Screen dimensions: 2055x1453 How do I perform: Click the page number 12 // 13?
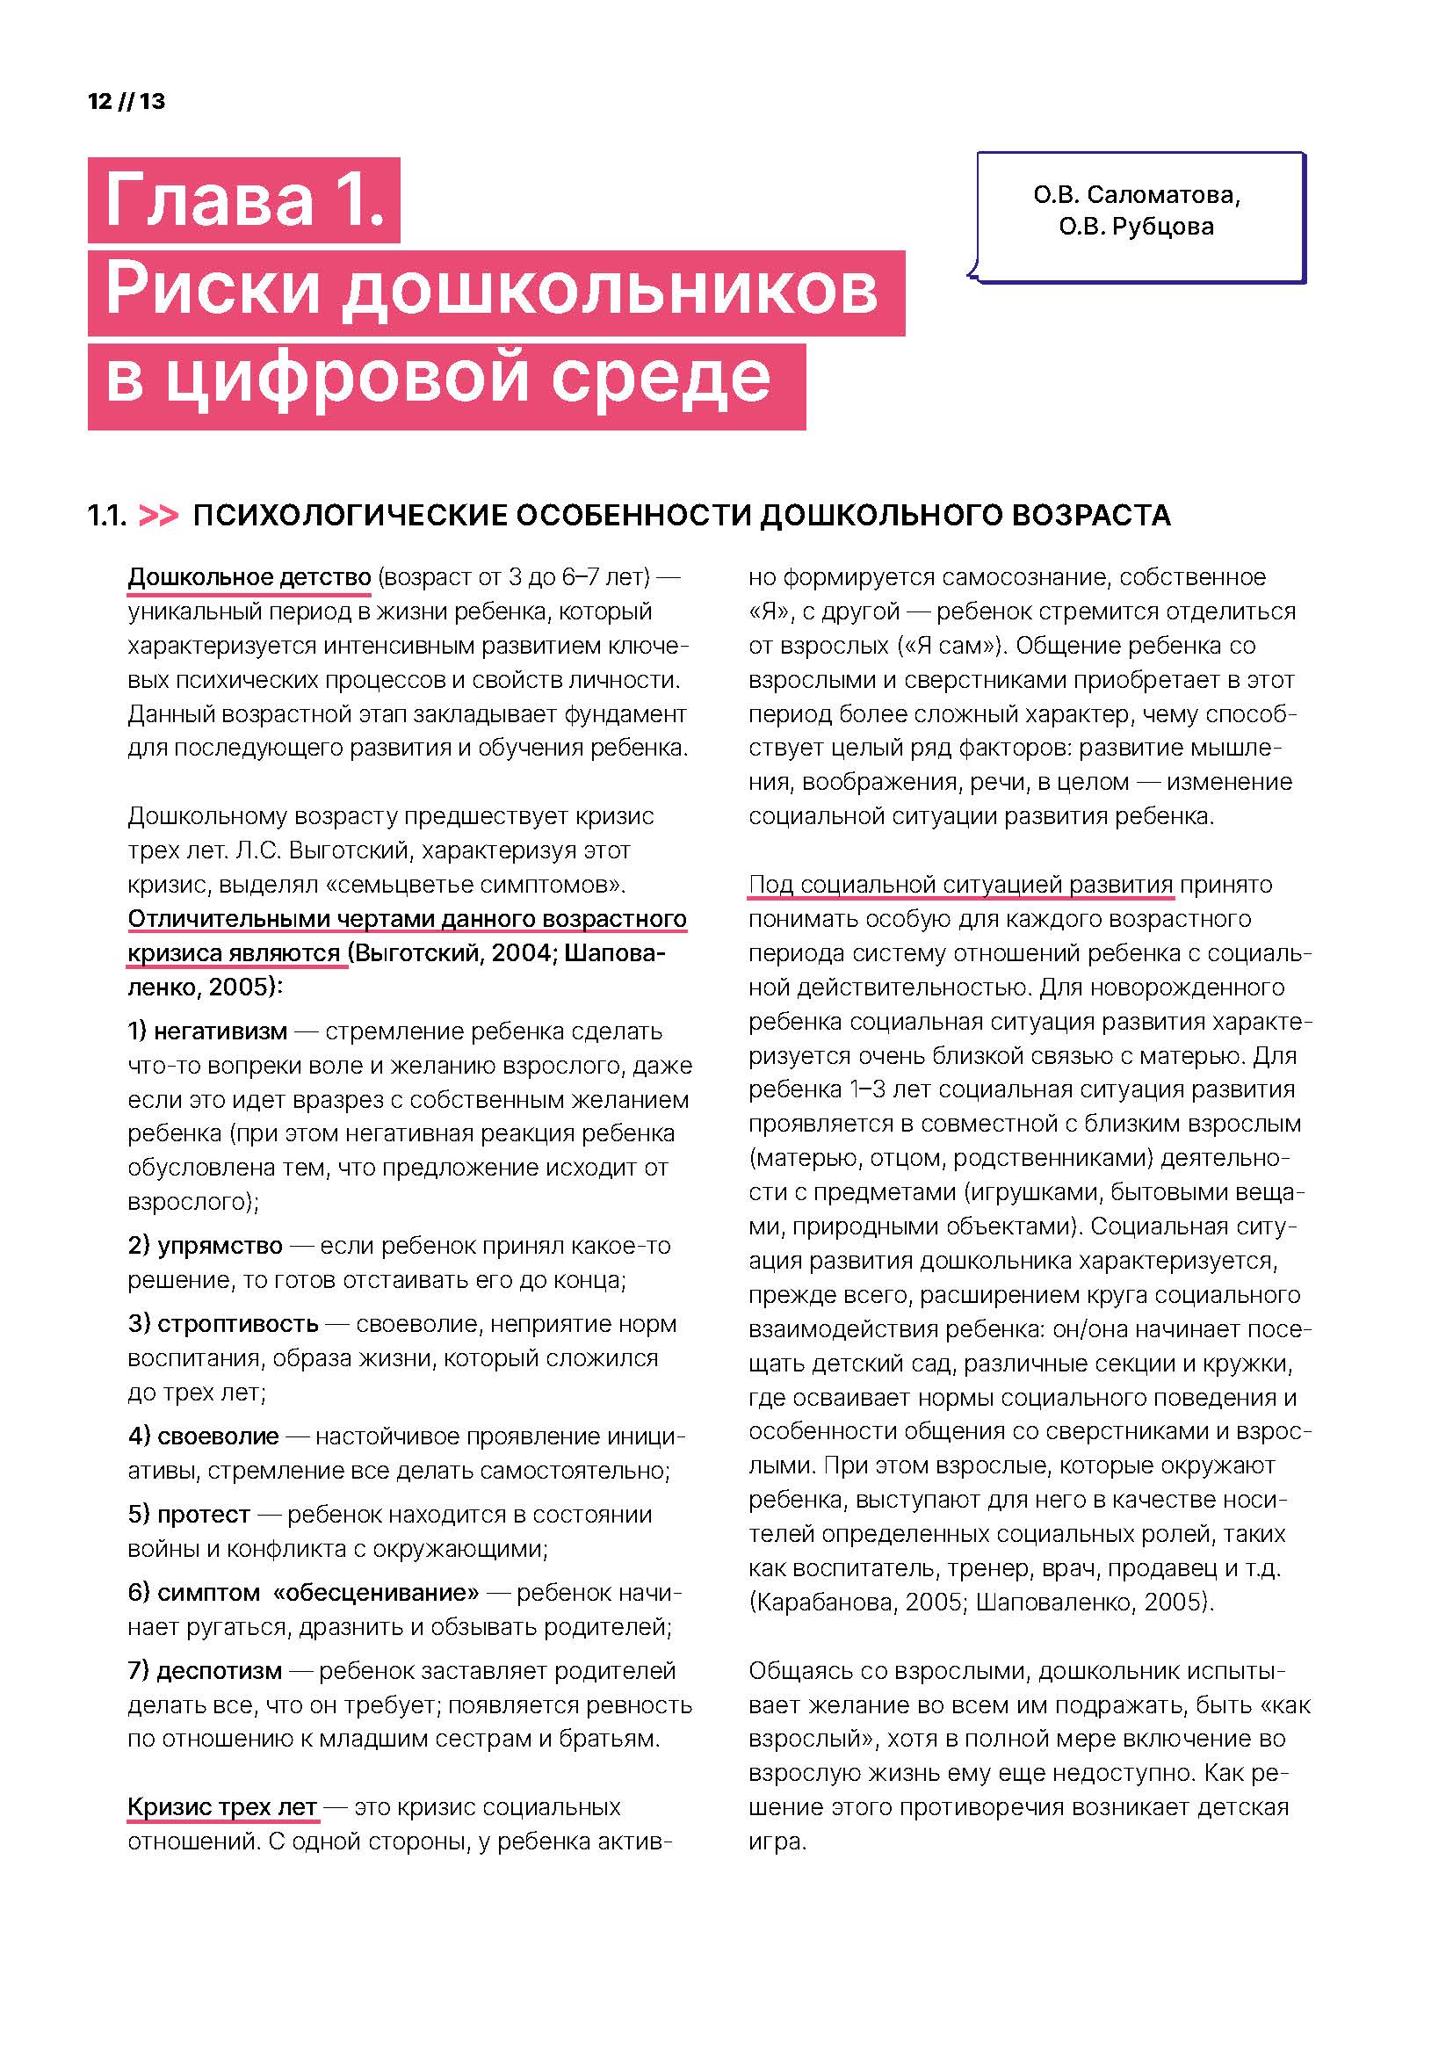[127, 101]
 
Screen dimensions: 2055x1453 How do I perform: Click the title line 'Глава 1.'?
[243, 199]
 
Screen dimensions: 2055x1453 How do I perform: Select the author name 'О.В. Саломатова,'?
[1136, 194]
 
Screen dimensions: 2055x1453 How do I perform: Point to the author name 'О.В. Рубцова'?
[1136, 227]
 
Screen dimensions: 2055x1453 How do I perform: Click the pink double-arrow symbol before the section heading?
[159, 516]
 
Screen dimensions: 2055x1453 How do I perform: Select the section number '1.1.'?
[106, 516]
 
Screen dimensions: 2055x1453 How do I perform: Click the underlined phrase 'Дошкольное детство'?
[249, 577]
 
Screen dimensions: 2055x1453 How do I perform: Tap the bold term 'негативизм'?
[220, 1031]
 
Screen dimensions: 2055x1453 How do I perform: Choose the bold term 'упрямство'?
[220, 1245]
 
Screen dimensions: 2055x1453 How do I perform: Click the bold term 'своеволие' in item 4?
[219, 1436]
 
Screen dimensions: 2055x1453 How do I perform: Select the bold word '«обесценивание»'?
[376, 1592]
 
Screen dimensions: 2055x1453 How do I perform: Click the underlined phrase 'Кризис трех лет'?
[223, 1807]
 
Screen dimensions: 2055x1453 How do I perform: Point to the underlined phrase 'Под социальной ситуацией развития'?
[960, 885]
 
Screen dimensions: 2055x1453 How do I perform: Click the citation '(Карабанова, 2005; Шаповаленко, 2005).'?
[980, 1602]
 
